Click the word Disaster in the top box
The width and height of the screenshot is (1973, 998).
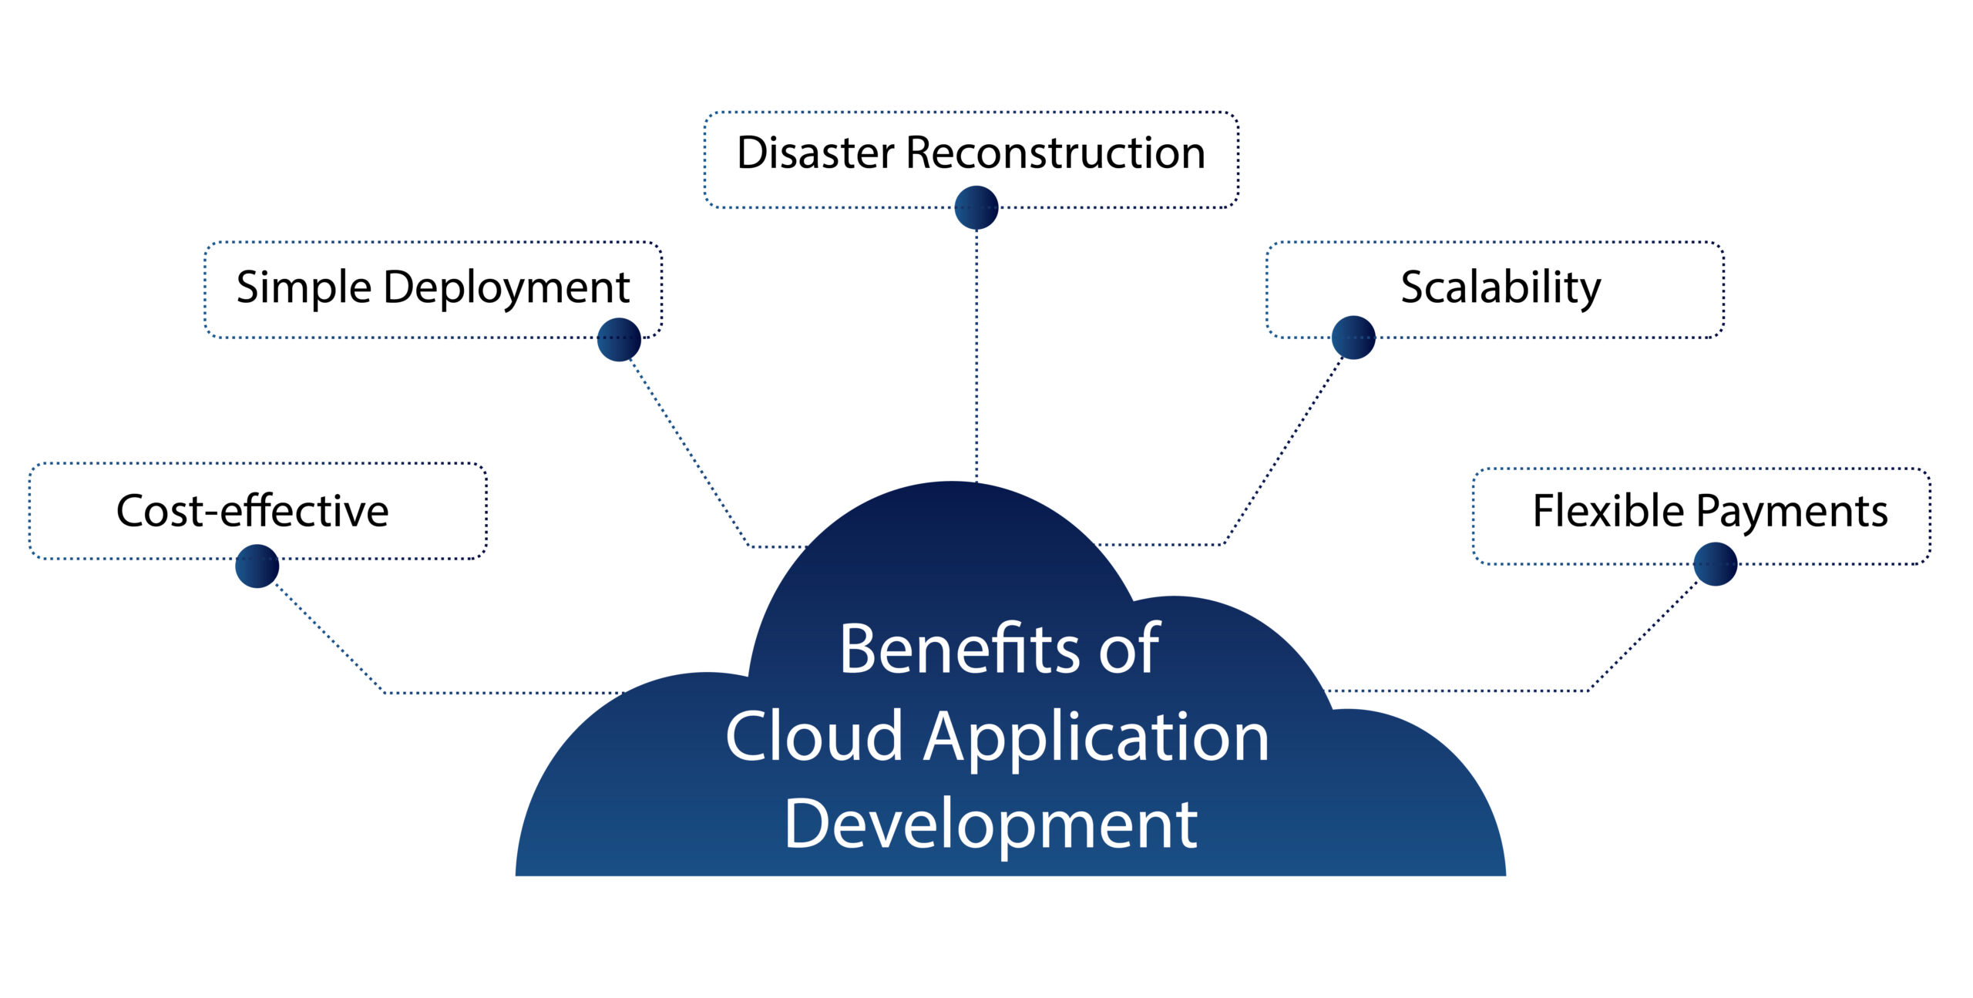point(816,153)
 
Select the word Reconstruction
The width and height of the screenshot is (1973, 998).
point(1055,153)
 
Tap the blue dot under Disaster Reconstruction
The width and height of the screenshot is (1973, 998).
point(976,207)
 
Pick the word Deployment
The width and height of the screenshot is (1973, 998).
point(506,288)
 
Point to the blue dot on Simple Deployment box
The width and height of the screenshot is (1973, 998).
point(619,339)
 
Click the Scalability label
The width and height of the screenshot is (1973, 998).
point(1500,287)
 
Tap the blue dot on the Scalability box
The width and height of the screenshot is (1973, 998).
point(1353,338)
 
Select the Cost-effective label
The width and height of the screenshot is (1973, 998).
point(252,511)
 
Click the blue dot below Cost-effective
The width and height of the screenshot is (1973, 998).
point(257,566)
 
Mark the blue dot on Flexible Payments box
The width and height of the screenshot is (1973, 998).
point(1715,564)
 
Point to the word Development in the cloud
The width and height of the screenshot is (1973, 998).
point(990,825)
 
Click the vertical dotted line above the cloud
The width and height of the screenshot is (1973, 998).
point(976,355)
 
